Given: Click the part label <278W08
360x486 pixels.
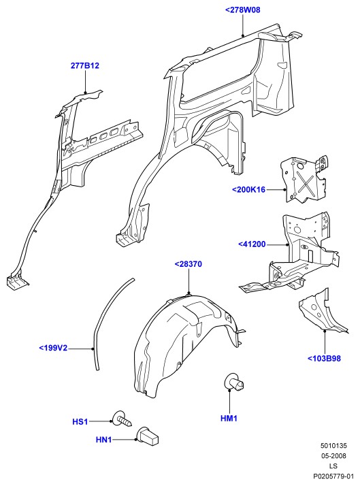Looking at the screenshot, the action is coord(242,10).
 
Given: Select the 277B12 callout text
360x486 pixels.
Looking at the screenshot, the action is coord(85,66).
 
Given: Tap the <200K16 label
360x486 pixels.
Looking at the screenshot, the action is coord(249,189).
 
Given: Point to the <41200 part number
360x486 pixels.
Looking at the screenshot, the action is coord(252,244).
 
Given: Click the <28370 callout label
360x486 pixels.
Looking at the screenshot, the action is coord(189,264).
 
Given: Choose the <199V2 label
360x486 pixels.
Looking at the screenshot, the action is coord(53,348).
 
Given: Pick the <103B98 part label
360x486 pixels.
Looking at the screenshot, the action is coord(324,359).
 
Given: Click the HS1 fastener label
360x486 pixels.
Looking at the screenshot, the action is coord(80,422).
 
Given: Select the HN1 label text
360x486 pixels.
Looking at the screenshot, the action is coord(104,440).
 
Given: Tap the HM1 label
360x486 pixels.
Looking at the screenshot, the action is coord(229,419).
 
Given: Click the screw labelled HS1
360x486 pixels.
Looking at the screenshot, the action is coord(122,419).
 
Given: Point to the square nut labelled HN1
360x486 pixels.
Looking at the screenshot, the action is coord(148,436).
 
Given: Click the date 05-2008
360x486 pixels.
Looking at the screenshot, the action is coord(333,456).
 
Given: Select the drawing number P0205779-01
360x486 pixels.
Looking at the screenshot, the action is coord(333,476).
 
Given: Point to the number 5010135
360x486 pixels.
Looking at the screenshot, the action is coord(333,446).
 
